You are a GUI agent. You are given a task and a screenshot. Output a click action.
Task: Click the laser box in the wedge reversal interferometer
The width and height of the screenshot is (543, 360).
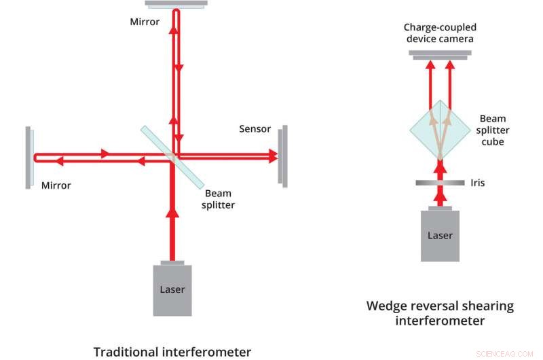click(439, 235)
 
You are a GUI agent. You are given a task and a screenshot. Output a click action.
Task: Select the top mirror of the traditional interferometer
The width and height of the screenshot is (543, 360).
click(176, 5)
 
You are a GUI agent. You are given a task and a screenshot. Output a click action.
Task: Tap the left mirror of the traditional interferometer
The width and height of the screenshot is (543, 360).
click(29, 157)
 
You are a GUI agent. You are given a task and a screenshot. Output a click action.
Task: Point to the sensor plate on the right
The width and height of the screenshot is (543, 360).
click(282, 156)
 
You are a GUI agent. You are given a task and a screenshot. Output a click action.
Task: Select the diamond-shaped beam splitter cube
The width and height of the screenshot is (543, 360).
click(440, 130)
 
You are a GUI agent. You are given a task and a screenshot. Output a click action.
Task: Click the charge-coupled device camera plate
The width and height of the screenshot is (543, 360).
click(440, 55)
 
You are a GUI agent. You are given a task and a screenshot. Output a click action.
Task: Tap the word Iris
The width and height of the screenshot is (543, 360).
click(476, 183)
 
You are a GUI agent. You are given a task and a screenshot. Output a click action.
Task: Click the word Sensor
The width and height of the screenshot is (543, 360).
click(255, 129)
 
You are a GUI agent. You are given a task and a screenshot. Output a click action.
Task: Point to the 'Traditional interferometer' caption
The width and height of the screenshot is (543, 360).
click(172, 351)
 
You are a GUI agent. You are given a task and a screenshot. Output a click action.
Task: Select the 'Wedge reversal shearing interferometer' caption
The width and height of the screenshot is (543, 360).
click(440, 312)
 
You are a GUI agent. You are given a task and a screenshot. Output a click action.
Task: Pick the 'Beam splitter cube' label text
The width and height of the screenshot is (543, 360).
click(493, 130)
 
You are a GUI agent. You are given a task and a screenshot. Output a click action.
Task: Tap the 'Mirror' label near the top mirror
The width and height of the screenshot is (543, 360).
click(145, 22)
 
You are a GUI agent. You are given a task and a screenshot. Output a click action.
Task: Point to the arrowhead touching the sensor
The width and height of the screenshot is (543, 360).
click(272, 156)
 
